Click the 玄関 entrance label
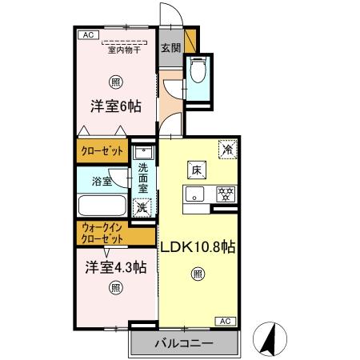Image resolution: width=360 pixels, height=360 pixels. point(170,47)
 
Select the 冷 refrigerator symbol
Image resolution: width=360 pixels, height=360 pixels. point(228,150)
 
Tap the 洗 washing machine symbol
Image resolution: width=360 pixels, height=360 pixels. point(141,207)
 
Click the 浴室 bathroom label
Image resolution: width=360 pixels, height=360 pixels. point(102,182)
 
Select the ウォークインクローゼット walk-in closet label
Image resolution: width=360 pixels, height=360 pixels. point(103,234)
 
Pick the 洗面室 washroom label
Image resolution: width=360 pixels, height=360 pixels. point(143,180)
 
